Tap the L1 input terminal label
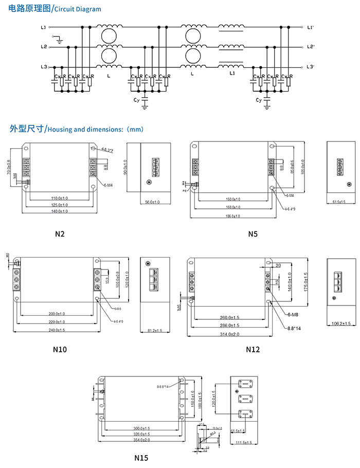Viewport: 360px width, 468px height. (x=43, y=27)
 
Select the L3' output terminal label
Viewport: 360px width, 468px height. (x=311, y=67)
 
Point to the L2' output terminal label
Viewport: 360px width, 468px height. (x=311, y=47)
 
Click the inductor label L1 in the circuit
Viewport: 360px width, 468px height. (x=232, y=74)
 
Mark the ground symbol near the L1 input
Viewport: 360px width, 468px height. (x=60, y=39)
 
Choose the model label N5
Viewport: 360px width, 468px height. (x=253, y=234)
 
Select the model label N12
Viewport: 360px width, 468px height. (x=253, y=349)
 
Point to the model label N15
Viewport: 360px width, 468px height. (x=141, y=457)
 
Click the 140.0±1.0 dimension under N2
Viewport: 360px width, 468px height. (x=60, y=211)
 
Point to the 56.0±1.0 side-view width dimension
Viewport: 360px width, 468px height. (x=151, y=203)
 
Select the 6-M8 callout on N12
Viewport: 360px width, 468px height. (x=294, y=314)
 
